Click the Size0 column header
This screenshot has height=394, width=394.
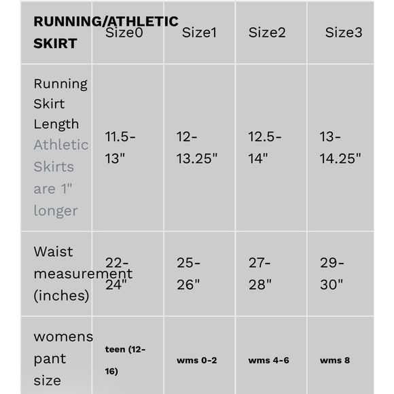(x=124, y=33)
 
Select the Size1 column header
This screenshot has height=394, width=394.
(x=199, y=33)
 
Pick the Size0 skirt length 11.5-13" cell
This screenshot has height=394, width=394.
(x=120, y=147)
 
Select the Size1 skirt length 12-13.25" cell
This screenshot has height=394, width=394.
(x=196, y=147)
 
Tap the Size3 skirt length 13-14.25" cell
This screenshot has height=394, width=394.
(x=340, y=147)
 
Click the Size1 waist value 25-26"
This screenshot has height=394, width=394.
(x=189, y=274)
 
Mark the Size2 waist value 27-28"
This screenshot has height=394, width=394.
(x=260, y=274)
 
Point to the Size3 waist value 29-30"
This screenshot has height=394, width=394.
(x=332, y=274)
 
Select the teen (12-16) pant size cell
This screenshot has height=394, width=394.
(x=125, y=360)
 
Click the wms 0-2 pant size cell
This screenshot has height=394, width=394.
(x=196, y=360)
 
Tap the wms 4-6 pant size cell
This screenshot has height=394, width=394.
(x=268, y=360)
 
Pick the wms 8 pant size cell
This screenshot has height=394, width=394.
(x=335, y=360)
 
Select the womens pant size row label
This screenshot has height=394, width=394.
(x=63, y=358)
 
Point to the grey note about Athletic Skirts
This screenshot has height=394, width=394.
(x=61, y=177)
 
